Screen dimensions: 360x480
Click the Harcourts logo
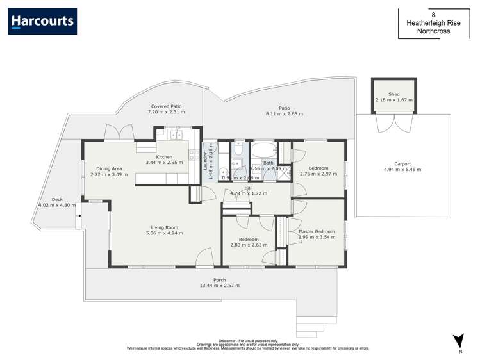coord(42,21)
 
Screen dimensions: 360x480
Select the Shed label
coord(393,94)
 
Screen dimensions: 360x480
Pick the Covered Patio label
coord(166,106)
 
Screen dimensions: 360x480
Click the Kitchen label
coord(165,157)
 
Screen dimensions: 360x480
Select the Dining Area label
coord(108,168)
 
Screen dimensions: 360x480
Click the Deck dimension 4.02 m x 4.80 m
coord(57,205)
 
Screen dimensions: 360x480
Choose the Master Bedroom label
coord(317,231)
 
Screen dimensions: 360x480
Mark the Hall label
coord(249,188)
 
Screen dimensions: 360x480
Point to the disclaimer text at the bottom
coord(248,345)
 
